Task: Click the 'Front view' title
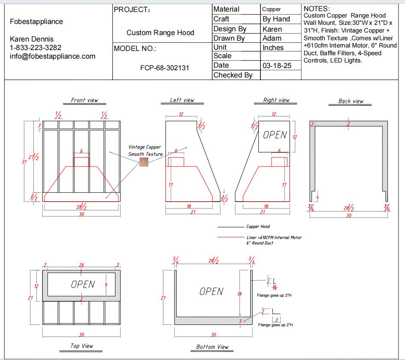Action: pos(84,100)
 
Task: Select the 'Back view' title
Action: pos(351,101)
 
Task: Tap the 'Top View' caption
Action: pos(82,345)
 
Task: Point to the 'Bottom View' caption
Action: pos(212,347)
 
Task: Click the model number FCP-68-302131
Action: pos(164,68)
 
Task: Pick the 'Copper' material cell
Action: pos(272,9)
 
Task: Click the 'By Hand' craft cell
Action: pos(276,19)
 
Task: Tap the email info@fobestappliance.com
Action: pos(53,56)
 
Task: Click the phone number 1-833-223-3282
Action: pos(35,48)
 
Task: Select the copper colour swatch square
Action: pos(144,163)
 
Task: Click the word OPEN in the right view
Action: pos(275,135)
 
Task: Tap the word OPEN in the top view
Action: pos(83,284)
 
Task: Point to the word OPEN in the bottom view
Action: pos(211,292)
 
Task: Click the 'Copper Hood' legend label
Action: pos(258,226)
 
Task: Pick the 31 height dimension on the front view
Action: pos(24,161)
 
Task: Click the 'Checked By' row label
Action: pos(233,75)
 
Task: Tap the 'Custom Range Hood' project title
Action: pos(160,33)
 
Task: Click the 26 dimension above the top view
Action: pos(81,265)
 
